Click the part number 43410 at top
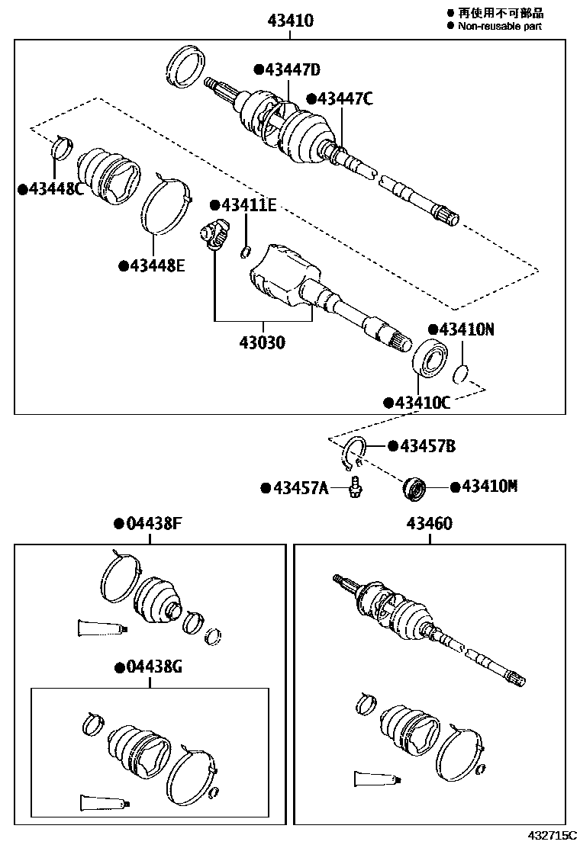coord(290,21)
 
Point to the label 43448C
coord(54,188)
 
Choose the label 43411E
coord(247,205)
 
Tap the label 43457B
coord(426,446)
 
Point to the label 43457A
coord(298,487)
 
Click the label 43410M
coord(488,486)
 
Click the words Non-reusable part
coord(499,26)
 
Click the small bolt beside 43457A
coord(355,487)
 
